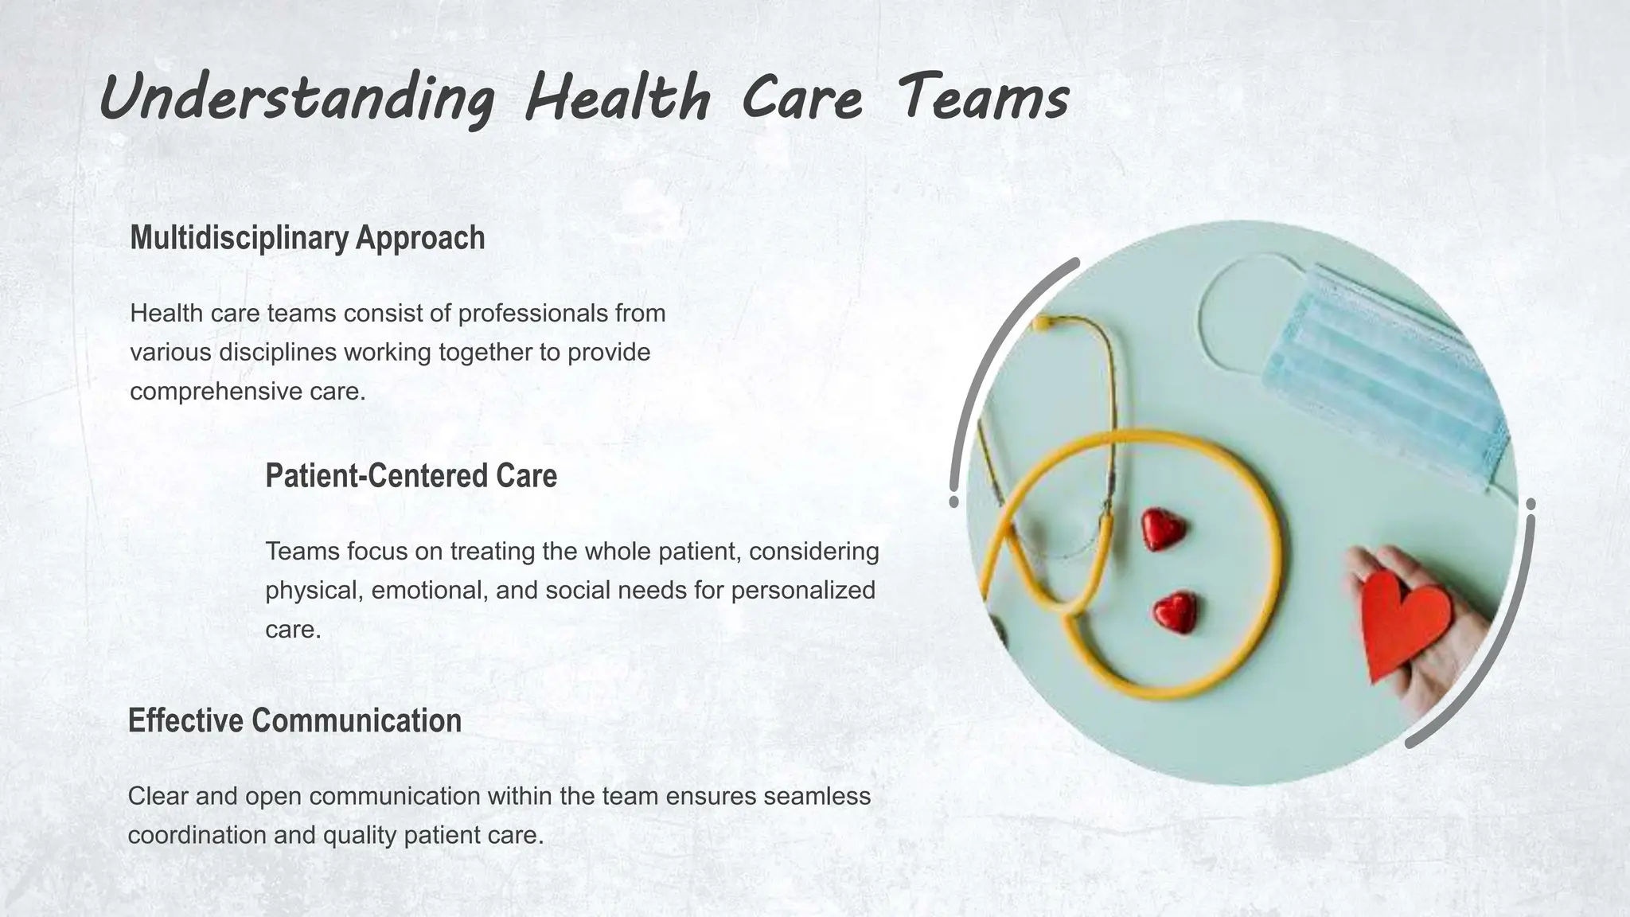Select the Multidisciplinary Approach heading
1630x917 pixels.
tap(307, 238)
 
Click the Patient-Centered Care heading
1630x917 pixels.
tap(411, 476)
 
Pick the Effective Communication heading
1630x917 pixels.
tap(294, 720)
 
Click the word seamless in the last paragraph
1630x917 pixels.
tap(817, 796)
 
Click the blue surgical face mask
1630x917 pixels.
tap(1385, 374)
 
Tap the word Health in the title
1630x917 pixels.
tap(618, 99)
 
